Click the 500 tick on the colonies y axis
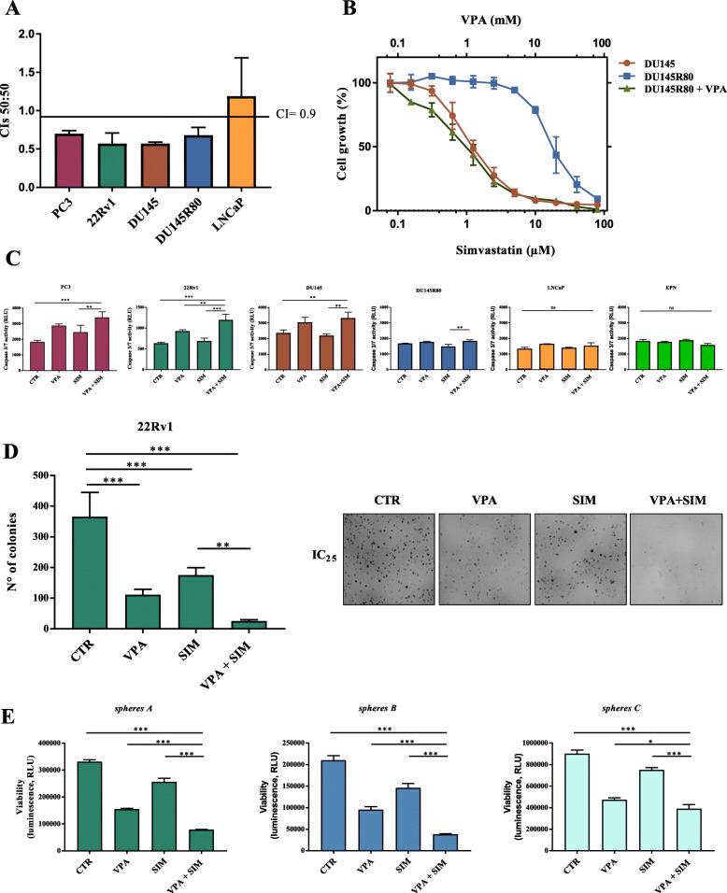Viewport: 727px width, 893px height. click(64, 475)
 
